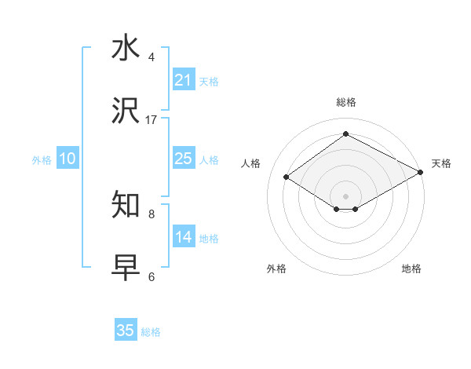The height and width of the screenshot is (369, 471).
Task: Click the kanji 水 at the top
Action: point(126,48)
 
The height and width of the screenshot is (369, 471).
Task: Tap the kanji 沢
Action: point(126,111)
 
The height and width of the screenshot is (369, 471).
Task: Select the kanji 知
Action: point(126,205)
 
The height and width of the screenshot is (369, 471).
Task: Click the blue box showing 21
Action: point(183,80)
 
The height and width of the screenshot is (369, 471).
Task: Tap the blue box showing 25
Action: point(183,159)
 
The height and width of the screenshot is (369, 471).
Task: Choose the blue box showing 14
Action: point(183,237)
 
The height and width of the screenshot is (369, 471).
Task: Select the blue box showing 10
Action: point(68,159)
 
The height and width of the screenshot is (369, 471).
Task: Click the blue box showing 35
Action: point(126,331)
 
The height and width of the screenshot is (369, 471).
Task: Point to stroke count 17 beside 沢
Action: point(152,119)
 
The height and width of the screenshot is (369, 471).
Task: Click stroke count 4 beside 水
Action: point(152,57)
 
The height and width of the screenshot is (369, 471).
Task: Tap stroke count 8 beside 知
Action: point(152,213)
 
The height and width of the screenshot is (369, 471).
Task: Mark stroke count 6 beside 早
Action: point(152,276)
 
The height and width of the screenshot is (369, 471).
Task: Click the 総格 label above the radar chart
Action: point(345,102)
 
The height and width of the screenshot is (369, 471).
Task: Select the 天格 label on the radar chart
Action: point(441,163)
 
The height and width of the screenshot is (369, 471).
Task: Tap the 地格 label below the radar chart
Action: point(411,269)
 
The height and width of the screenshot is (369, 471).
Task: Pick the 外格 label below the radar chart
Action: point(276,269)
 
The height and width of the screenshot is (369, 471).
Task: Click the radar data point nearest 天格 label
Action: point(421,172)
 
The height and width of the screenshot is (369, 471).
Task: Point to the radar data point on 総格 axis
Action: point(345,134)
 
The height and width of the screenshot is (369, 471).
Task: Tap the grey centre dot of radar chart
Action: point(345,195)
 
